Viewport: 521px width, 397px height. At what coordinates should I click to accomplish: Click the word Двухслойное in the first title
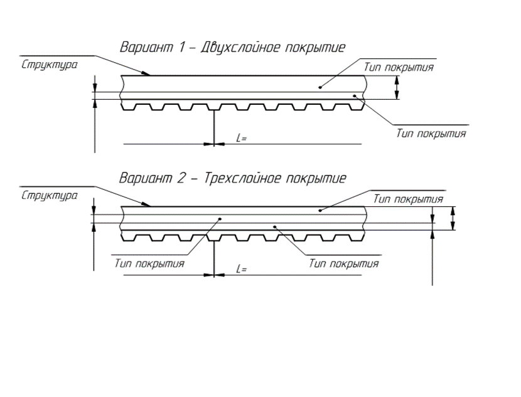click(x=239, y=48)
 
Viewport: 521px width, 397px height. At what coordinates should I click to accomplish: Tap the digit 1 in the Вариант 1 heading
click(x=181, y=47)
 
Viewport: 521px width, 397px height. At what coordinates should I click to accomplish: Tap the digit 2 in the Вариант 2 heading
click(x=181, y=178)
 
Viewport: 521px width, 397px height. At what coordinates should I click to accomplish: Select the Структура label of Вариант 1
click(x=50, y=65)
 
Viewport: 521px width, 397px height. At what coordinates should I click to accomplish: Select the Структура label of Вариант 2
click(x=50, y=196)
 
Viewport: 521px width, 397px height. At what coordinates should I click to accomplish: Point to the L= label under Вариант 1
click(x=242, y=138)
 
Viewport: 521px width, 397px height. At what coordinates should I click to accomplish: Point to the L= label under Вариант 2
click(x=242, y=269)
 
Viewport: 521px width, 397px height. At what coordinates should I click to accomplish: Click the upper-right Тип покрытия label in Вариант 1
click(x=399, y=67)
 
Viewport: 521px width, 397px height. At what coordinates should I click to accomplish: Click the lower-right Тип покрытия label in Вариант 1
click(x=431, y=134)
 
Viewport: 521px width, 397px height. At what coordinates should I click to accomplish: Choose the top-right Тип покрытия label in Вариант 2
click(x=408, y=199)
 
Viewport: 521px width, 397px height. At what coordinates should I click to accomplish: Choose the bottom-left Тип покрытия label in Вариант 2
click(x=149, y=264)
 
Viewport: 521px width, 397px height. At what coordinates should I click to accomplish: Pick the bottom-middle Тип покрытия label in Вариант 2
click(x=344, y=263)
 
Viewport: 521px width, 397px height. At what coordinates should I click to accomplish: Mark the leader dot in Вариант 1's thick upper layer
click(x=320, y=87)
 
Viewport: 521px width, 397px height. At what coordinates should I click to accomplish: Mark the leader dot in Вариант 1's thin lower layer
click(x=355, y=95)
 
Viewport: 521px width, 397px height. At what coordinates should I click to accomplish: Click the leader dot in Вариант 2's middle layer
click(x=220, y=218)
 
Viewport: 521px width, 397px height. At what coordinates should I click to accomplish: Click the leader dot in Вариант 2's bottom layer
click(x=275, y=226)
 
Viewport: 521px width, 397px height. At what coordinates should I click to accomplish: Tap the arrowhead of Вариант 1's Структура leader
click(x=146, y=73)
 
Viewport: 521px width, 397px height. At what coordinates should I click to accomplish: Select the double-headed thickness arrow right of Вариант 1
click(x=396, y=87)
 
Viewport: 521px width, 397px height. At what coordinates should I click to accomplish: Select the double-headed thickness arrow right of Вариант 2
click(x=453, y=218)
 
